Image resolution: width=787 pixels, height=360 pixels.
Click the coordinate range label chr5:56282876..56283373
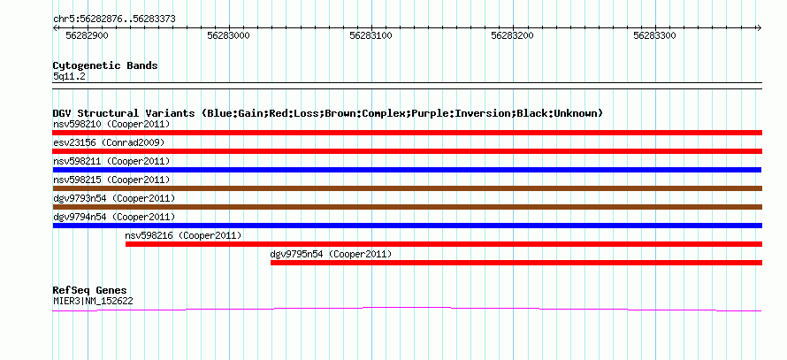[114, 19]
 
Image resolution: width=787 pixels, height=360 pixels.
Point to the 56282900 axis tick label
[88, 35]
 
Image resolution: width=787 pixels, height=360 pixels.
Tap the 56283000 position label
[229, 35]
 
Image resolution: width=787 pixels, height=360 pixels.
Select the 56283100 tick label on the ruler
[371, 35]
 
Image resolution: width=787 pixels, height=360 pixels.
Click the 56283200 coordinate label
[513, 35]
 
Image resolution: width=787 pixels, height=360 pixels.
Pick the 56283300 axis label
[655, 35]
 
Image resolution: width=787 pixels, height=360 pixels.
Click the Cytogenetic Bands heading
[105, 65]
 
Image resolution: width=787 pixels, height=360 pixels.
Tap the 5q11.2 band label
[70, 77]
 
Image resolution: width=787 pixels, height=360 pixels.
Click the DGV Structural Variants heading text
[327, 113]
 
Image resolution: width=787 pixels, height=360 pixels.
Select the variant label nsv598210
[75, 124]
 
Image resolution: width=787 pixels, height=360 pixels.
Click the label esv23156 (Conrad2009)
[109, 142]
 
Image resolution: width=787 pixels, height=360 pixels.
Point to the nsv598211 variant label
[75, 161]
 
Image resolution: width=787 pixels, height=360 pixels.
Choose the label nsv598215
[75, 180]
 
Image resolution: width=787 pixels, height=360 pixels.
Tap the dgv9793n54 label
[80, 198]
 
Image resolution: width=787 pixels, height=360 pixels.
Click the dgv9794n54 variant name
[80, 217]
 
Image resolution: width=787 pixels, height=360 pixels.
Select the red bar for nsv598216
[444, 244]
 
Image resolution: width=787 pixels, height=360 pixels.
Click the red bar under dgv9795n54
[516, 263]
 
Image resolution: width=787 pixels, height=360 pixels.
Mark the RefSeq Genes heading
[89, 290]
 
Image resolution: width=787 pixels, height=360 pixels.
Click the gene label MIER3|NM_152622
[93, 302]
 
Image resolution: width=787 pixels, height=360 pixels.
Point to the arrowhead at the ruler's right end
[760, 27]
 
